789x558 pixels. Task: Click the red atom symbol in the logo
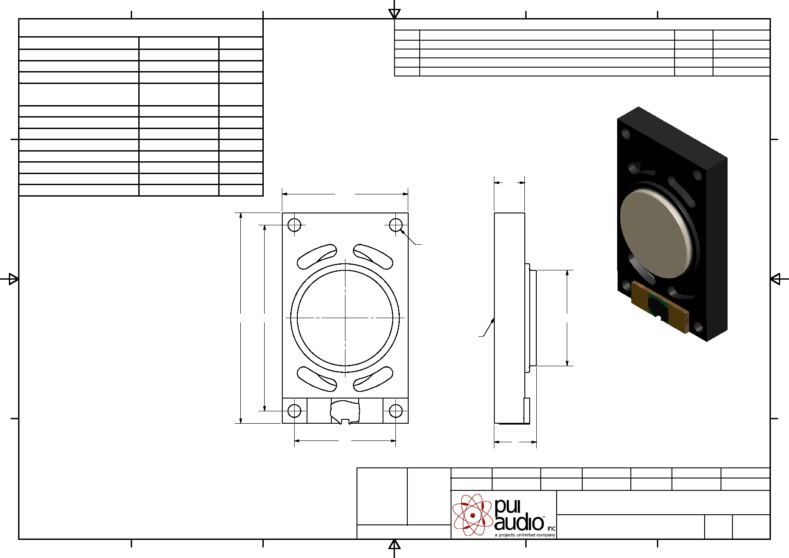pos(472,515)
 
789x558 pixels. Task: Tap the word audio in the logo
pos(519,523)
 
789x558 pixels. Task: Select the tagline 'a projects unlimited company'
pos(525,535)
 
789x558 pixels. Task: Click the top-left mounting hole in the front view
pos(294,225)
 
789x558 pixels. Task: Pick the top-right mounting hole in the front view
pos(396,225)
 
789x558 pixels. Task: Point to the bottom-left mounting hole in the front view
pos(294,411)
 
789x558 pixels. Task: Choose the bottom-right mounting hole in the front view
pos(396,411)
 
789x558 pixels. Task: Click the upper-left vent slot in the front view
pos(316,257)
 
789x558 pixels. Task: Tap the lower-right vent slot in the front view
pos(373,380)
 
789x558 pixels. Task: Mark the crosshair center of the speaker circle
pos(345,318)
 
